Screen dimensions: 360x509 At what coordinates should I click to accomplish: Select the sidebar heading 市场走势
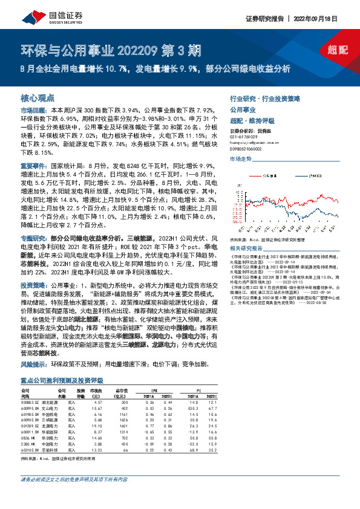click(240, 158)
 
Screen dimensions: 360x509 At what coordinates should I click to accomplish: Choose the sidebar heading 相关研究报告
click(246, 248)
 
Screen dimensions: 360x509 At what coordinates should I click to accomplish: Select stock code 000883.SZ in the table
click(30, 402)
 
